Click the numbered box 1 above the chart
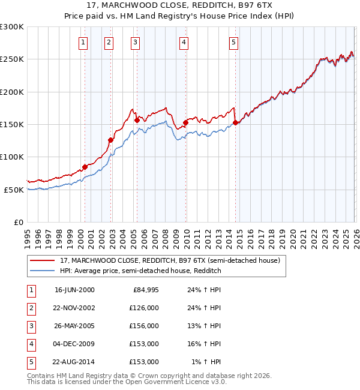click(82, 42)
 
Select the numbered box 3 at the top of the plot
click(135, 42)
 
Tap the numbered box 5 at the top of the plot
click(233, 42)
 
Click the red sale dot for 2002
click(110, 140)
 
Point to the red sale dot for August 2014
click(235, 123)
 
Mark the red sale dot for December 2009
click(185, 123)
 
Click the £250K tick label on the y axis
click(12, 59)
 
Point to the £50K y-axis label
click(14, 190)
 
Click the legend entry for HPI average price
click(140, 271)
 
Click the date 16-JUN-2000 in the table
click(74, 290)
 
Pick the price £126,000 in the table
click(144, 308)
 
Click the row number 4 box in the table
click(29, 344)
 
